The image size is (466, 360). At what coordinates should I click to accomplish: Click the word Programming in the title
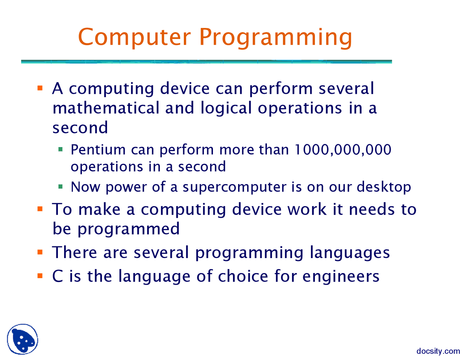(276, 38)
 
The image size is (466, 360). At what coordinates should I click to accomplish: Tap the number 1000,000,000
(343, 150)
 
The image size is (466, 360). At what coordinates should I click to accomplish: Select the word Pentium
(98, 150)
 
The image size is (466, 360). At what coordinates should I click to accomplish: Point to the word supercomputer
(234, 187)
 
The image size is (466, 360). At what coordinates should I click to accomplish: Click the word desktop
(384, 187)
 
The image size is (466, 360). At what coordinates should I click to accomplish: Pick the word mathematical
(106, 108)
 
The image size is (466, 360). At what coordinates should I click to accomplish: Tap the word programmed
(129, 229)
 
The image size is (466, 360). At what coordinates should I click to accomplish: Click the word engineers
(341, 277)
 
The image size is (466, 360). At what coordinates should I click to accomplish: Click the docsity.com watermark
(438, 351)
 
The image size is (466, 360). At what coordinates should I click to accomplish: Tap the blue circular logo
(23, 339)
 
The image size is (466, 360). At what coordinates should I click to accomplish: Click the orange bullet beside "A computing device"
(40, 88)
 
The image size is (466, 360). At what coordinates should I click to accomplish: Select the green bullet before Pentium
(60, 149)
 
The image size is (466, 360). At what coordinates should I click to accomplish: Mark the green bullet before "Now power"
(60, 187)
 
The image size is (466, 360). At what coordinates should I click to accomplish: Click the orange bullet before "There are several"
(40, 252)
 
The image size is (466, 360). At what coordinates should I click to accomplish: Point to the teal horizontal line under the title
(206, 62)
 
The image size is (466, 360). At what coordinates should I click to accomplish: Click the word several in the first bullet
(346, 88)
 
